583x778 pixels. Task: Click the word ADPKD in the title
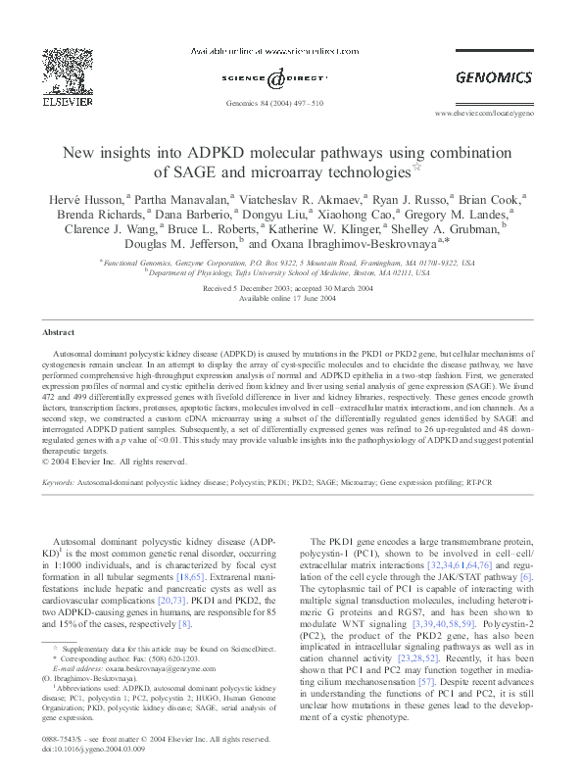(x=235, y=154)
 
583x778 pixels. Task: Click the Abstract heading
(x=60, y=333)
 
